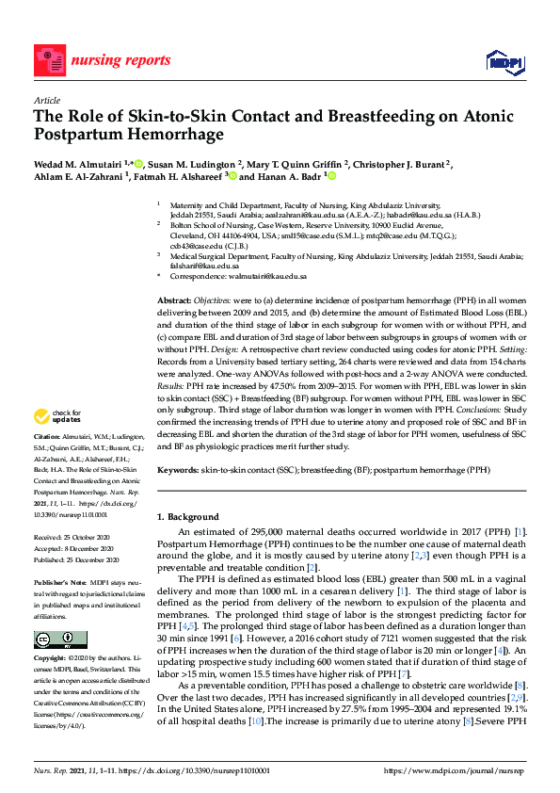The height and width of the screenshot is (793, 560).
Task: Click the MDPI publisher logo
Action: coord(504,61)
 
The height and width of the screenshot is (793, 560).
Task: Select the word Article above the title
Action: coord(47,100)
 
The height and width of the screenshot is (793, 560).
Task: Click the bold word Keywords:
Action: coord(177,469)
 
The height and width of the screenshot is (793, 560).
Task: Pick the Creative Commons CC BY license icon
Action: coord(50,639)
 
